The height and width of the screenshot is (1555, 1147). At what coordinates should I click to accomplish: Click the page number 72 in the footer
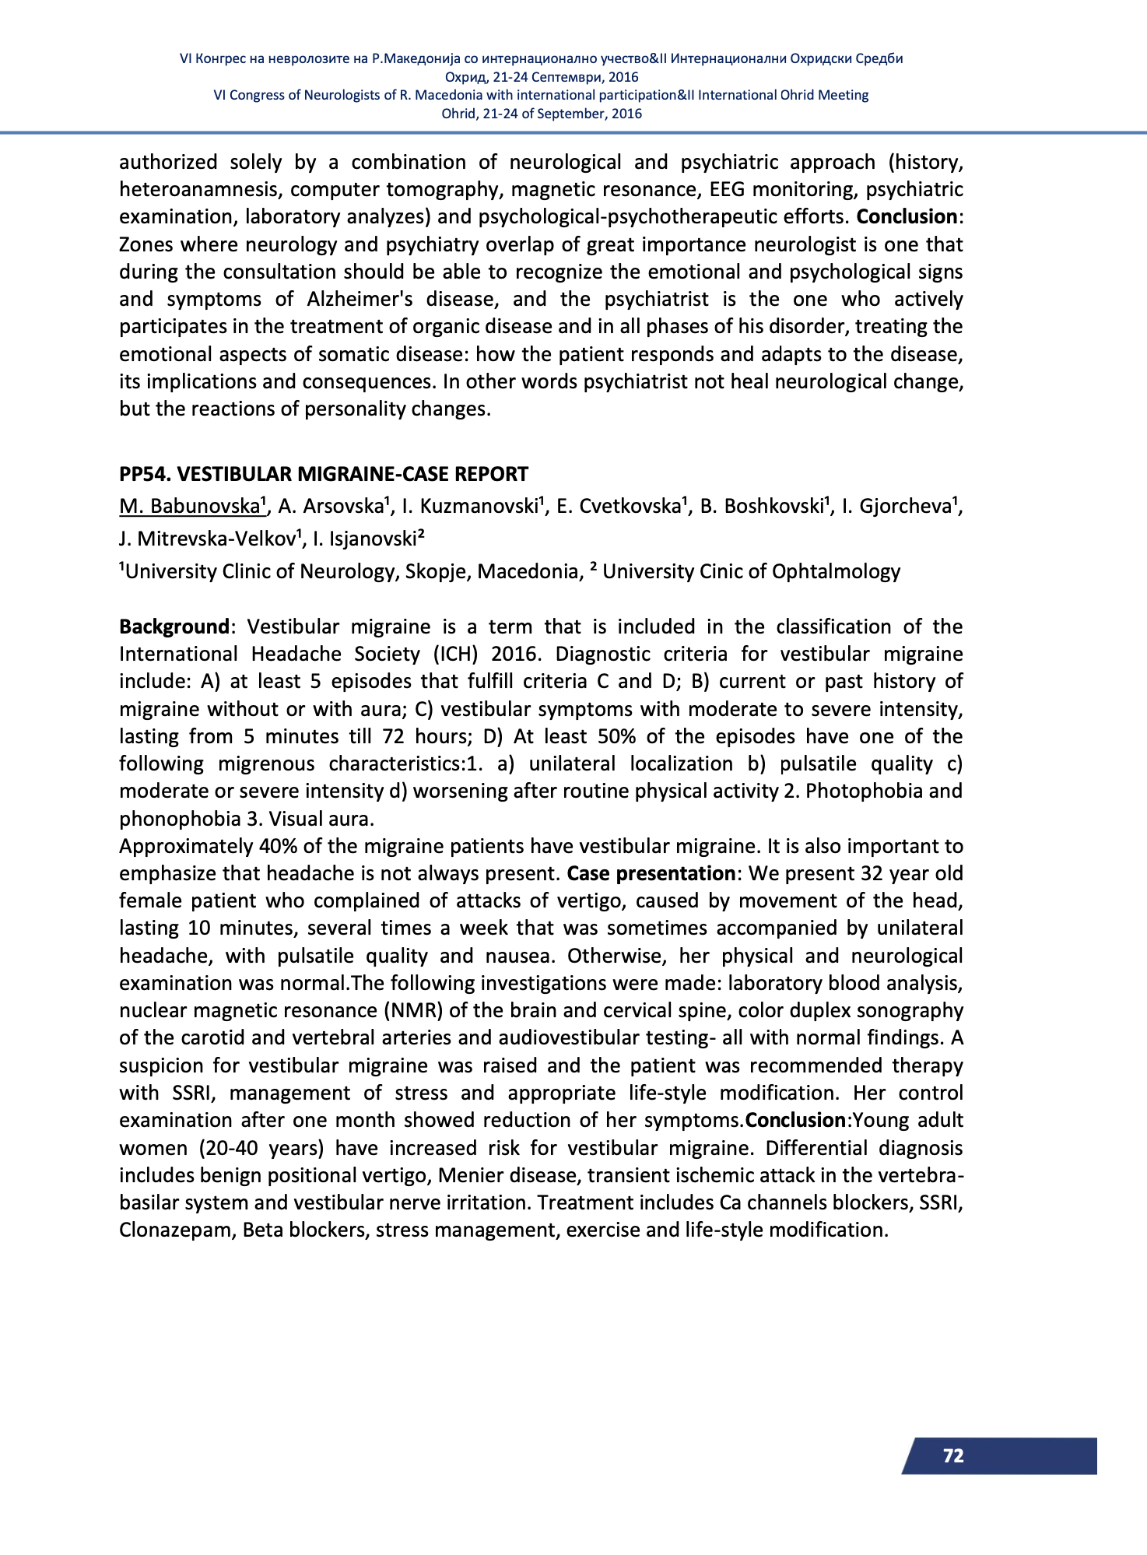coord(952,1456)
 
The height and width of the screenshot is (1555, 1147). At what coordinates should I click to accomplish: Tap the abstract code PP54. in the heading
coord(145,474)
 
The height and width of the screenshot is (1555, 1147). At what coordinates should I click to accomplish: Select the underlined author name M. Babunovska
coord(189,507)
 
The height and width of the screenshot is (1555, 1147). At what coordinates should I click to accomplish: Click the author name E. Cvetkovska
coord(619,507)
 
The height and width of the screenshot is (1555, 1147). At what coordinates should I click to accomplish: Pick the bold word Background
coord(174,627)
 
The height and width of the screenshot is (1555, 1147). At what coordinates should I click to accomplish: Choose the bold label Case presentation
coord(651,873)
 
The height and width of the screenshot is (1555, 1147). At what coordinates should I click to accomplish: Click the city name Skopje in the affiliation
coord(436,571)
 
